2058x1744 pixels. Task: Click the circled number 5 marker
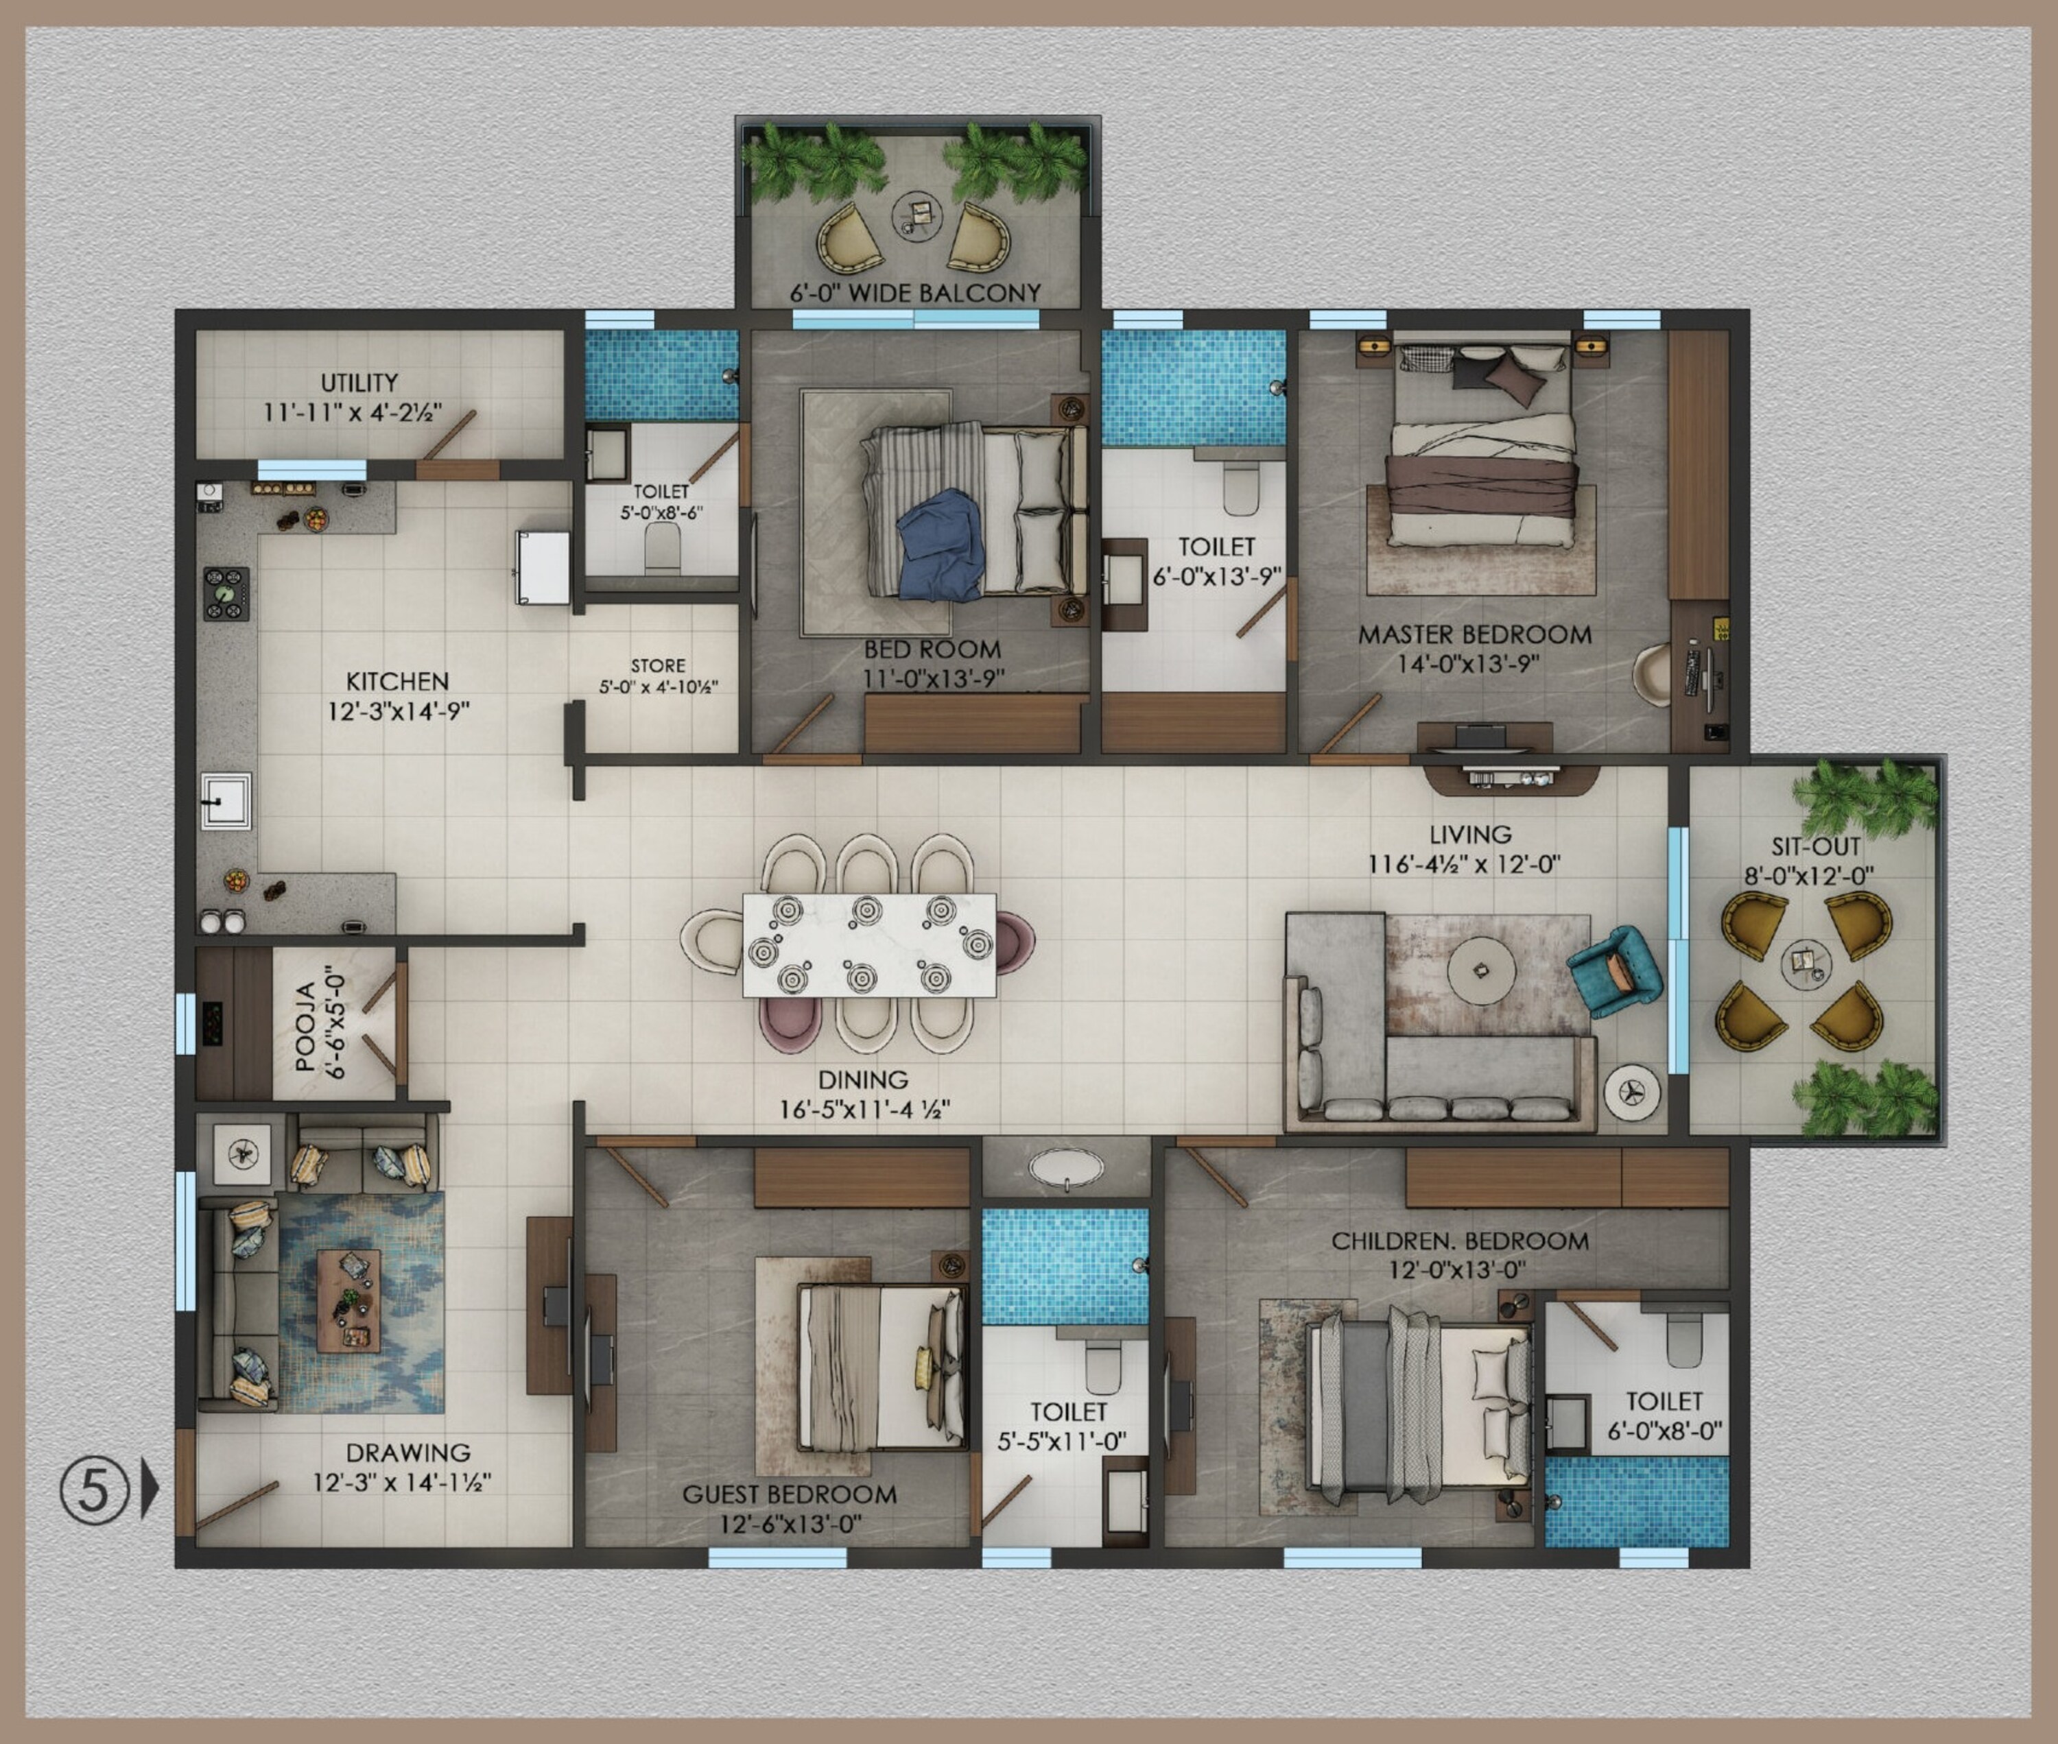(94, 1489)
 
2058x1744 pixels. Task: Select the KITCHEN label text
(398, 681)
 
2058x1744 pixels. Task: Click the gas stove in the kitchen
(226, 593)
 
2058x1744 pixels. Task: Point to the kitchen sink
(226, 800)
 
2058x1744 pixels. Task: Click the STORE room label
(658, 665)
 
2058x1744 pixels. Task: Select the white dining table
(869, 945)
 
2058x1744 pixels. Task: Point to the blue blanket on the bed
(941, 545)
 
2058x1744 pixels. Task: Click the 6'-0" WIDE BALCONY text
(914, 293)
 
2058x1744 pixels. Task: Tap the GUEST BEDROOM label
(789, 1494)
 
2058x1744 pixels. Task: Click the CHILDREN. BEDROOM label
(1460, 1241)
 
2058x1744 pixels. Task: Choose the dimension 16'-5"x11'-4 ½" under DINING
(864, 1109)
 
